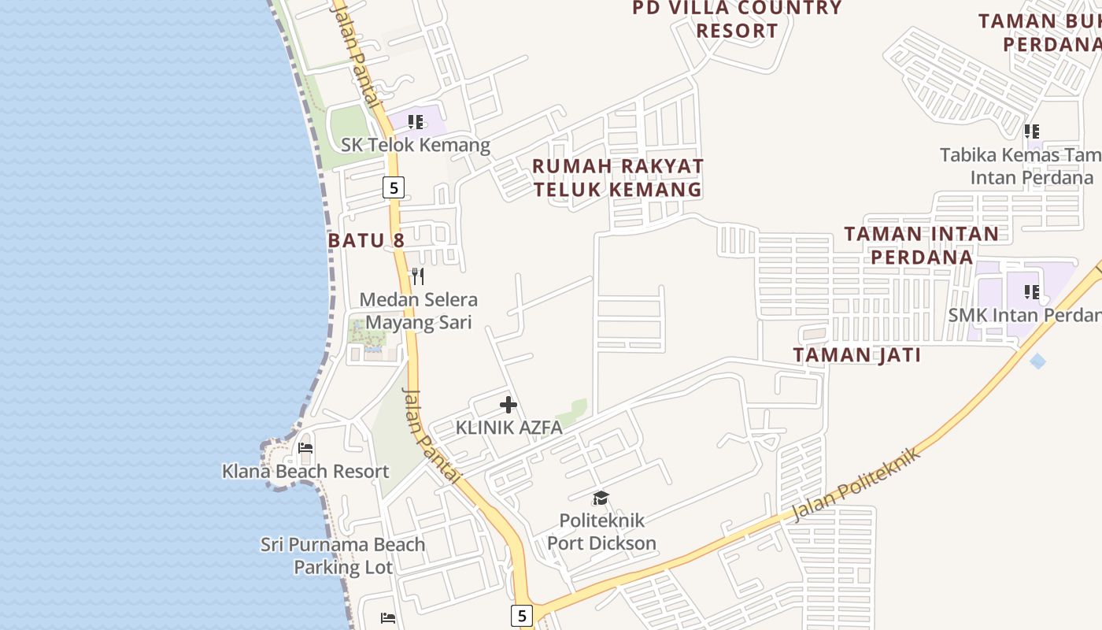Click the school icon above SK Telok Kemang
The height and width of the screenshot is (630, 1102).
[x=416, y=122]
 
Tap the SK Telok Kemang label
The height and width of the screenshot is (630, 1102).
[x=416, y=145]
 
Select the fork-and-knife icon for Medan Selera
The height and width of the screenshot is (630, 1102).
[x=418, y=276]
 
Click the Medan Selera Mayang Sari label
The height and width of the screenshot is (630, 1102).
[x=419, y=311]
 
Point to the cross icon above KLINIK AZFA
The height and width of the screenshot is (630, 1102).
[x=508, y=405]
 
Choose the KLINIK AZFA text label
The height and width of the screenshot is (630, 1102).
[x=509, y=428]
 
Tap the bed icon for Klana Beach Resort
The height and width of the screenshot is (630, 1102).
[x=306, y=448]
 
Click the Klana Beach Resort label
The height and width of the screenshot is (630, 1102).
[x=305, y=471]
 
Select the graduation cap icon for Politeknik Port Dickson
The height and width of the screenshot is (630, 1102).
[x=601, y=498]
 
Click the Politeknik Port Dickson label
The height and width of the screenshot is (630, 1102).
[x=601, y=532]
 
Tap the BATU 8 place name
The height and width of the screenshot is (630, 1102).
[x=366, y=240]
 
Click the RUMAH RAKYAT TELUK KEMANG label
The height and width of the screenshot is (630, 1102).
[x=618, y=178]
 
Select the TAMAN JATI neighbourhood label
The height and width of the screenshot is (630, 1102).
[x=857, y=355]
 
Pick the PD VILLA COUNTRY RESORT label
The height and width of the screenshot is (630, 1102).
[x=737, y=20]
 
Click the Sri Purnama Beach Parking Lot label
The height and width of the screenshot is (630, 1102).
[x=343, y=555]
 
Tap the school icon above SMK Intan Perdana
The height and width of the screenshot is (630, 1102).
[x=1031, y=292]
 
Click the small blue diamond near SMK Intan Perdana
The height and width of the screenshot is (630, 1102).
[x=1038, y=361]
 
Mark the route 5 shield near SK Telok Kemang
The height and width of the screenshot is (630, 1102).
[x=394, y=187]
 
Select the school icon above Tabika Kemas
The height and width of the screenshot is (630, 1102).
[x=1031, y=132]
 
